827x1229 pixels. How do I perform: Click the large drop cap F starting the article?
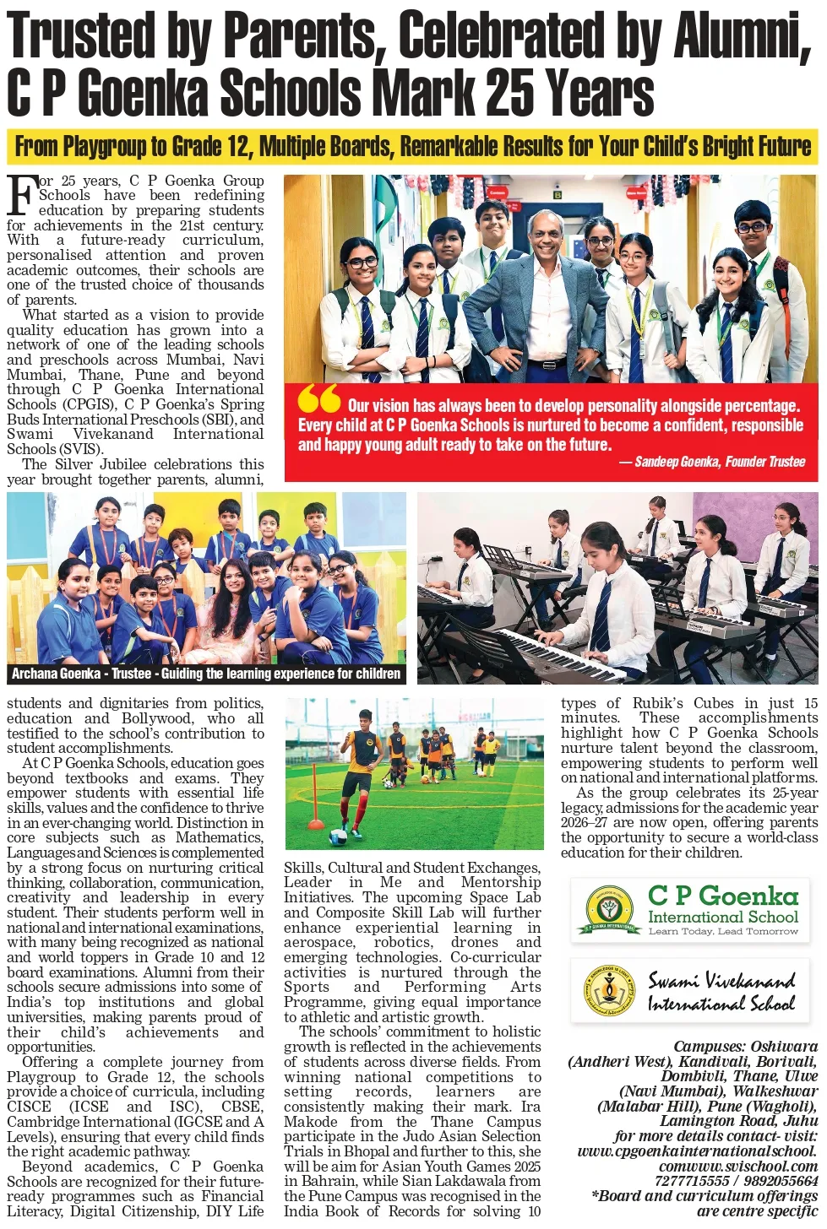(x=21, y=196)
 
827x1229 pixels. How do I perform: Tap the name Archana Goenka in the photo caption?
(x=57, y=674)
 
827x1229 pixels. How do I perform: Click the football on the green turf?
(x=340, y=836)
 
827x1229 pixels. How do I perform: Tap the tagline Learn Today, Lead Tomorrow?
(x=723, y=931)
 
